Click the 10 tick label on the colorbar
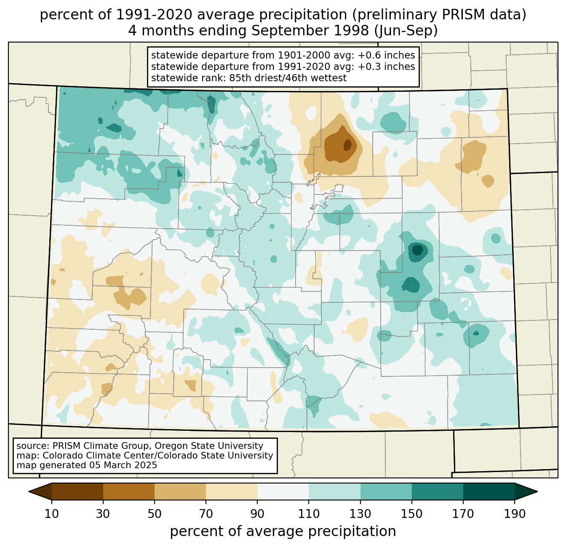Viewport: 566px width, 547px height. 52,514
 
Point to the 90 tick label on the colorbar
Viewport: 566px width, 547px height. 257,514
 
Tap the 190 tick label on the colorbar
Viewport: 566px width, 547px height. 514,514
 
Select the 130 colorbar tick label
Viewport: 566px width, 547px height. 360,514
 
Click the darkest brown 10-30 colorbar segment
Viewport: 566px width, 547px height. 77,491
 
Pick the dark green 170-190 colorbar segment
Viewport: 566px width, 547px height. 489,491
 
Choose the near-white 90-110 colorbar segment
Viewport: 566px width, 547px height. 283,491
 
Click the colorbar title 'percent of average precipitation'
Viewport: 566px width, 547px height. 283,531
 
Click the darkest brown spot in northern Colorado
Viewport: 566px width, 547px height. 347,145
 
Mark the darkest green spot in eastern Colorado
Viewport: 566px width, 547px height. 418,250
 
